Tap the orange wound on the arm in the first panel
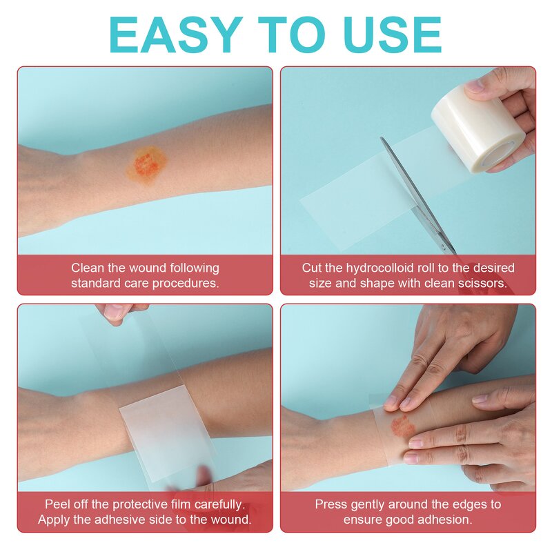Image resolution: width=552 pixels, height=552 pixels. pos(146,164)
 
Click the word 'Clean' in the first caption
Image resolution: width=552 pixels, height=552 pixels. pos(88,268)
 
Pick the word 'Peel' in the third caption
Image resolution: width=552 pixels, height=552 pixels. pos(57,504)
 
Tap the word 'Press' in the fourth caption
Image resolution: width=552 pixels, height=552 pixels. pos(331,504)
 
